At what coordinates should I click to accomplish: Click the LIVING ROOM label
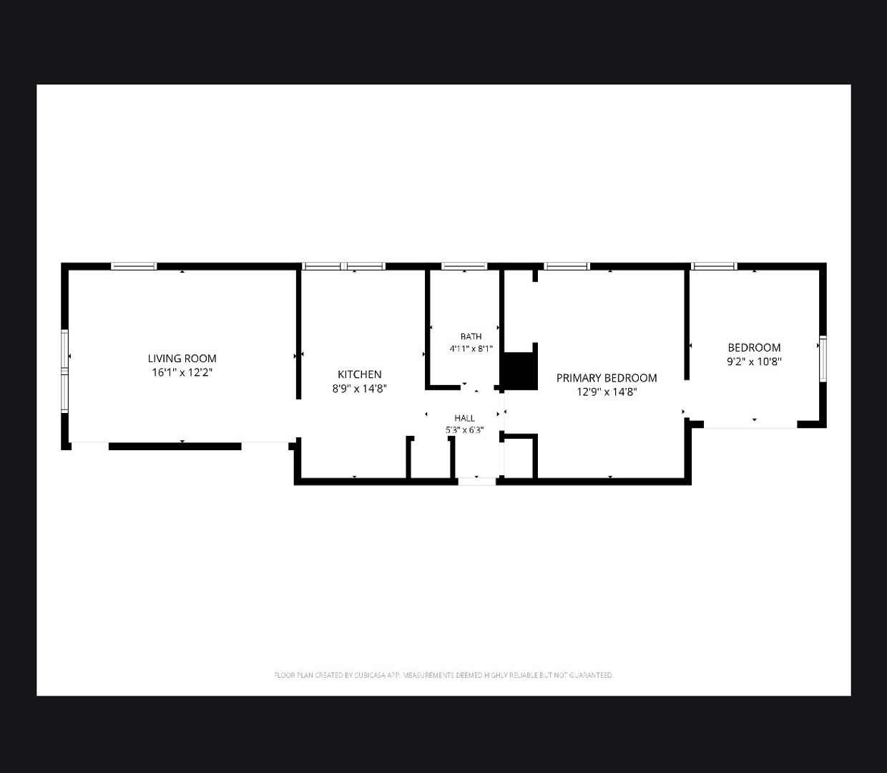182,359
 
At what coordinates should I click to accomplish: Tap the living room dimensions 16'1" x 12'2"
182,372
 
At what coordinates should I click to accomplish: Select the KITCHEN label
359,374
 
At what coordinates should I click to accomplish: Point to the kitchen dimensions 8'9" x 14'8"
359,388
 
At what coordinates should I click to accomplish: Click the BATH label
471,336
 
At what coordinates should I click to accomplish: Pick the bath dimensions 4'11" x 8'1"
471,349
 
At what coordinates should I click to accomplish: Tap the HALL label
464,418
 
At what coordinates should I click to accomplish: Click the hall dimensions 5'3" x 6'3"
464,430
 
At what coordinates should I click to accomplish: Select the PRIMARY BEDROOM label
607,378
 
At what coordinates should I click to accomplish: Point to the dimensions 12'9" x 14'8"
607,392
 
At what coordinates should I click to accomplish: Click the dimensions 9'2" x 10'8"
754,361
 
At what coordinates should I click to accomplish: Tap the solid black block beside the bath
519,371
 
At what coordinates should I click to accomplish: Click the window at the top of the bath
464,266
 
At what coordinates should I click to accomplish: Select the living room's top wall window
134,266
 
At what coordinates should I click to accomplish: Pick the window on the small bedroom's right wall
823,359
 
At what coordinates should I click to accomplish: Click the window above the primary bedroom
567,266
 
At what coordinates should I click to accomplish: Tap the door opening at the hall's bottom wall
477,481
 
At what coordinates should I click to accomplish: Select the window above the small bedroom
714,266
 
